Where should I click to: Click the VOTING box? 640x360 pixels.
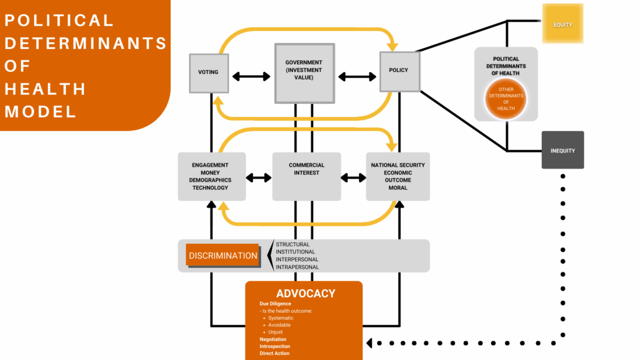(x=208, y=73)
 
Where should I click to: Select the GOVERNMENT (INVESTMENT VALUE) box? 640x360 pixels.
(x=304, y=73)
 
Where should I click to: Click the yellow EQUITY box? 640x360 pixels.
(x=562, y=24)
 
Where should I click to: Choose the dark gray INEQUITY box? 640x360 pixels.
(x=562, y=150)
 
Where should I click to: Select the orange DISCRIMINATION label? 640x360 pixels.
(x=223, y=256)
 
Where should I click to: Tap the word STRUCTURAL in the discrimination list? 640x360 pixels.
(x=293, y=245)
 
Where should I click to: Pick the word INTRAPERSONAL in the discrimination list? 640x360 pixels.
(x=297, y=267)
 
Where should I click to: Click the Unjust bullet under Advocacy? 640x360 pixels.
(x=275, y=332)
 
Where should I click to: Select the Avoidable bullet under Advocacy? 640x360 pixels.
(x=279, y=325)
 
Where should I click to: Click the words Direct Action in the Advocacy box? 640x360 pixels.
(x=274, y=353)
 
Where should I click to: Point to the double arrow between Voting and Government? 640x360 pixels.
(x=251, y=76)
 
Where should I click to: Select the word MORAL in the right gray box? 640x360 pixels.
(x=398, y=188)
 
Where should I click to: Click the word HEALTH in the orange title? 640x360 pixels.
(x=45, y=88)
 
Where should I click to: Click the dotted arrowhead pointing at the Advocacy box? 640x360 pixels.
(x=370, y=343)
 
